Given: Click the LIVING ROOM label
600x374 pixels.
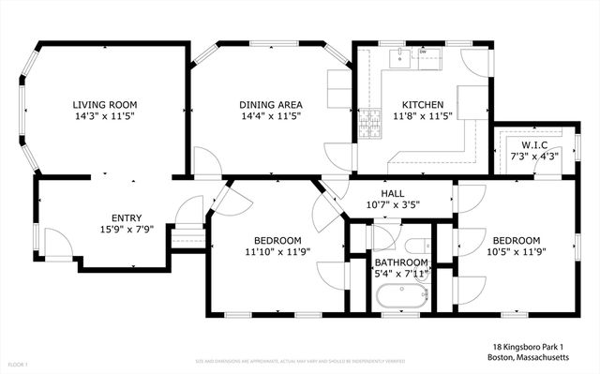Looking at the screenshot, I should [x=106, y=105].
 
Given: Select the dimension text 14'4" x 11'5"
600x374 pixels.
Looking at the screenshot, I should [x=265, y=117].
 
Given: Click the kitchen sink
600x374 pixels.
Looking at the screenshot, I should [x=400, y=55].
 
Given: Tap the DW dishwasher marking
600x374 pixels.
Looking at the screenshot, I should [x=423, y=52].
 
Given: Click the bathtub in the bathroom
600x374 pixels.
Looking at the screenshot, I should [x=399, y=298].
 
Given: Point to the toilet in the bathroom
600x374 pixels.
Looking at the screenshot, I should [x=382, y=235].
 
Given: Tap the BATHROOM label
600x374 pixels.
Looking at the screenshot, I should [x=401, y=262].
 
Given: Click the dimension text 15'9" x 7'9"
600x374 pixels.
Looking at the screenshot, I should [x=127, y=229].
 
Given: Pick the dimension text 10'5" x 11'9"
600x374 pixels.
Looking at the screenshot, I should [x=516, y=251].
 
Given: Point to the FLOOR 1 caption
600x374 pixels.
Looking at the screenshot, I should [x=19, y=363].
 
